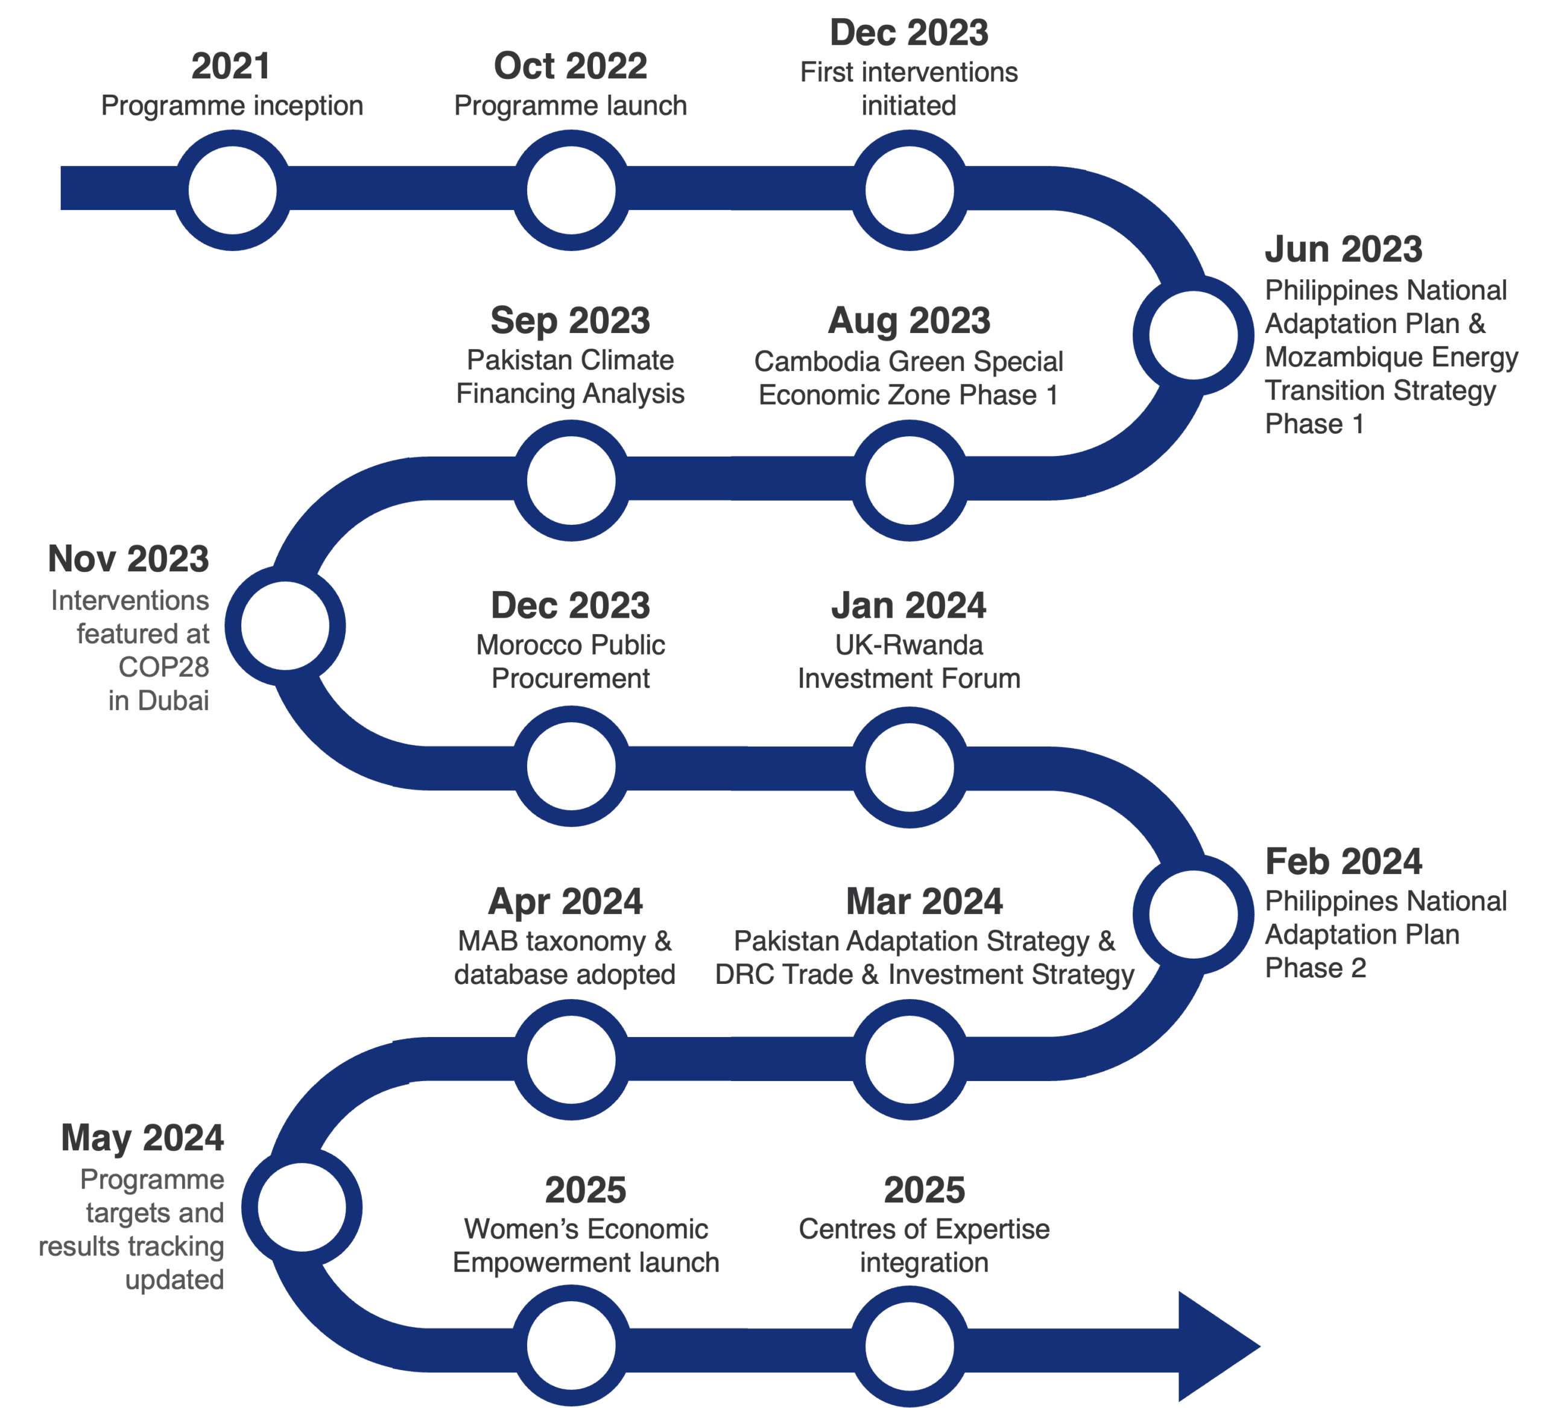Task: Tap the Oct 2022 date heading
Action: [x=571, y=66]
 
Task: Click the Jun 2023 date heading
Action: [x=1343, y=249]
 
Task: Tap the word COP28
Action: [x=164, y=667]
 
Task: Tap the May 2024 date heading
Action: [x=142, y=1138]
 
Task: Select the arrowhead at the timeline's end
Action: [x=1218, y=1346]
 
